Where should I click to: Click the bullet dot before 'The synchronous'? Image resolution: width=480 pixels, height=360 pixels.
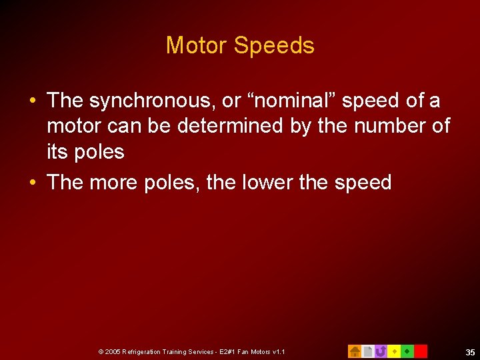32,101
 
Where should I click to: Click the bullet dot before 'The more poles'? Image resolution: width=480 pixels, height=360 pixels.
32,183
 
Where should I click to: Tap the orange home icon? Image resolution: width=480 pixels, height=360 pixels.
355,351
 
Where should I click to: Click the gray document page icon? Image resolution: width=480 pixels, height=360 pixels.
367,351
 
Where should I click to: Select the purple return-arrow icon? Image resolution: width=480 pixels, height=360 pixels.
381,351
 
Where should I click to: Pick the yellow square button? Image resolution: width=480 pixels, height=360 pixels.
394,351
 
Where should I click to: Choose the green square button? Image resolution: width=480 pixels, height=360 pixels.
407,351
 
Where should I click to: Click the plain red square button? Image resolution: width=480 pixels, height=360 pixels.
421,351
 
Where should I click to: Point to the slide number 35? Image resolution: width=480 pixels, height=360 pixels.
470,352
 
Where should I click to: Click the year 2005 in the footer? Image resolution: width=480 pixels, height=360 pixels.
113,351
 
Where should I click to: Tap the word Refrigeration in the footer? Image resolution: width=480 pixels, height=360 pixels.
143,351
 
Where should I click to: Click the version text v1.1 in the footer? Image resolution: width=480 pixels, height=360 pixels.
279,351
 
